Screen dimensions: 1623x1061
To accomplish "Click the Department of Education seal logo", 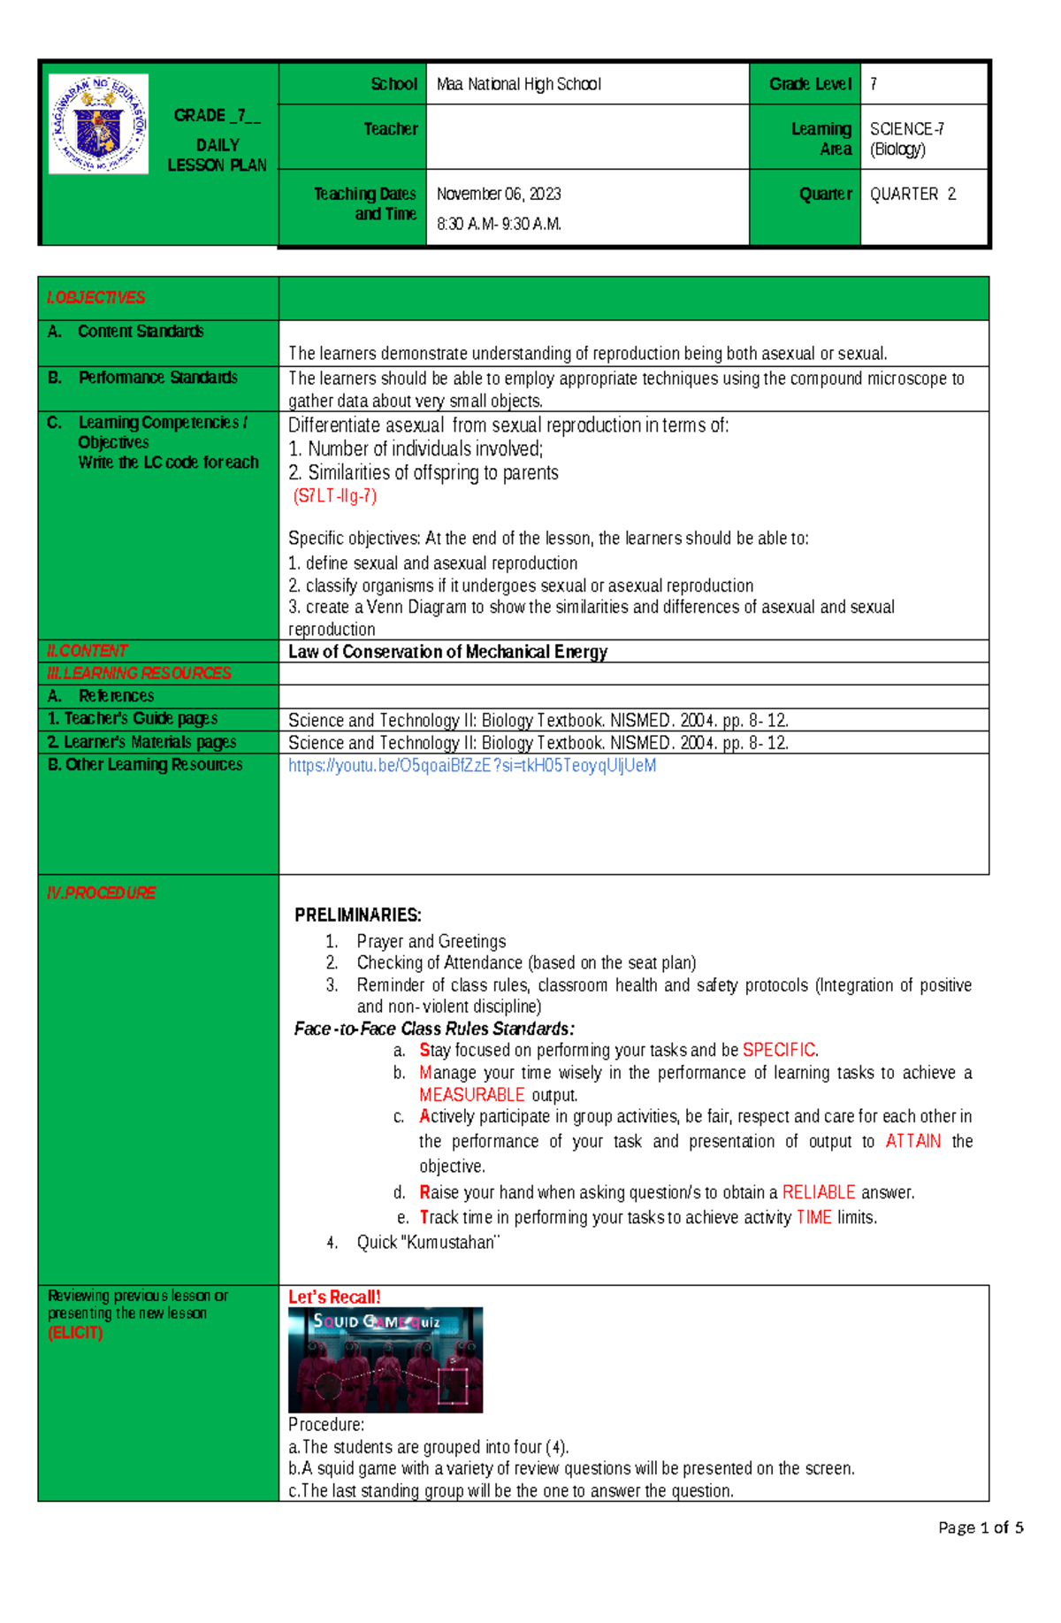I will tap(98, 124).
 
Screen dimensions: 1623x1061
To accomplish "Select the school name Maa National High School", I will tap(518, 84).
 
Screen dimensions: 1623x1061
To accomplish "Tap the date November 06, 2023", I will tap(499, 194).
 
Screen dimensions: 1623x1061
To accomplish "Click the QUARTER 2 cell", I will tap(912, 194).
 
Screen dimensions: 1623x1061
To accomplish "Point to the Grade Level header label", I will tap(810, 84).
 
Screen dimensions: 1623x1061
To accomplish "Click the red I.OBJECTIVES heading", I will tap(95, 297).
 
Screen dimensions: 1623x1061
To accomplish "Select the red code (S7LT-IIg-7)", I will tap(335, 496).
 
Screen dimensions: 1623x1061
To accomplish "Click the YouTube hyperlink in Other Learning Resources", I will tap(472, 766).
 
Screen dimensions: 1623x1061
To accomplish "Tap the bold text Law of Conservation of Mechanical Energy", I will tap(447, 652).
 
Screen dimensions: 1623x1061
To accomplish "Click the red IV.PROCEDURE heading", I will tap(101, 893).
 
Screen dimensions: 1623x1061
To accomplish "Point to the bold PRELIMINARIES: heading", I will tap(358, 915).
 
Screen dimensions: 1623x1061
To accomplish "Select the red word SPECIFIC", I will tap(779, 1050).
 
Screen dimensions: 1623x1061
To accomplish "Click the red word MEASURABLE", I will tap(472, 1095).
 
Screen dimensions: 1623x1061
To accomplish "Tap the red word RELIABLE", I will tap(819, 1192).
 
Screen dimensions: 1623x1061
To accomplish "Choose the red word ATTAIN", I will tap(912, 1141).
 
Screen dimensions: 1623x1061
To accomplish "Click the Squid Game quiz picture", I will tap(385, 1360).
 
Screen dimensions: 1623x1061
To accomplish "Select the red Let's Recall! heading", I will tap(334, 1297).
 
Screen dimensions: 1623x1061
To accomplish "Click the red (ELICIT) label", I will tap(75, 1333).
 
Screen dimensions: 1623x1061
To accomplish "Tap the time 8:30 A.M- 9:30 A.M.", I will tap(499, 224).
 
